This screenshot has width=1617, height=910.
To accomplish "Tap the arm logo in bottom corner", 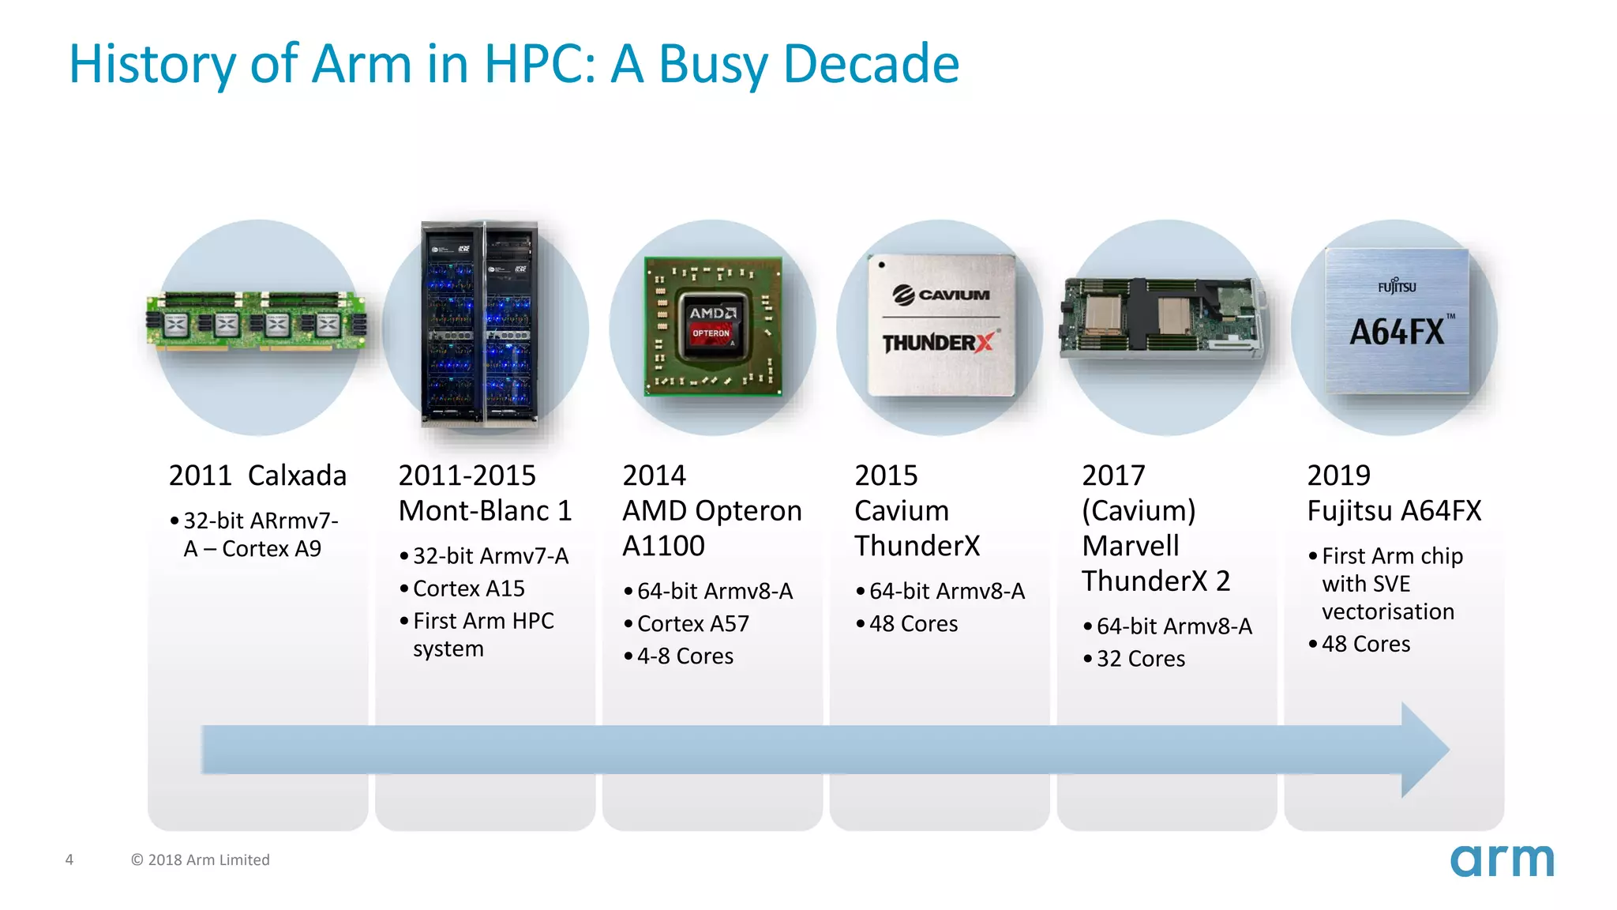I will click(x=1501, y=860).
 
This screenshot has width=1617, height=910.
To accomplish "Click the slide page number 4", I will click(x=69, y=859).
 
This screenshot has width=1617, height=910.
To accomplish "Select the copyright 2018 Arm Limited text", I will click(x=201, y=859).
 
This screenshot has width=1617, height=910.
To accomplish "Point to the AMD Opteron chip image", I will click(x=713, y=326).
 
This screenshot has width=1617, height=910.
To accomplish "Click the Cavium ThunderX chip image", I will click(x=940, y=325).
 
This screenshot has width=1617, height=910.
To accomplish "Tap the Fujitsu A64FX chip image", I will click(x=1397, y=321).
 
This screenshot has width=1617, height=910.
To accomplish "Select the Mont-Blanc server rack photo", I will click(x=480, y=324).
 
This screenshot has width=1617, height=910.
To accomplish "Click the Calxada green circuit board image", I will click(x=257, y=321).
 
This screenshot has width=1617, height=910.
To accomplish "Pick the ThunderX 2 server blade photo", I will click(x=1162, y=318).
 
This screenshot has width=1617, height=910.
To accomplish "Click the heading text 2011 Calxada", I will click(x=257, y=476).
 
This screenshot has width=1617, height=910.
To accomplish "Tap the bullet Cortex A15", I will click(x=469, y=588).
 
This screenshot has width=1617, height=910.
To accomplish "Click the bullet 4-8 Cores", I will click(x=685, y=656).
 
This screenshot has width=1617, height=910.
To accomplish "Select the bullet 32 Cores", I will click(x=1140, y=659).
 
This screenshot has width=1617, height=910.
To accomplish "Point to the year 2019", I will click(x=1338, y=476).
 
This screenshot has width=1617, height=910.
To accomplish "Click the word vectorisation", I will click(x=1387, y=611).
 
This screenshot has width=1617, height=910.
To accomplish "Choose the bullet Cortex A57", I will click(x=692, y=623).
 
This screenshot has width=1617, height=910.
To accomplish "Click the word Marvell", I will click(x=1130, y=546).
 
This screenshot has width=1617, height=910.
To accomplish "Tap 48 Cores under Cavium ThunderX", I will click(x=913, y=623).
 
